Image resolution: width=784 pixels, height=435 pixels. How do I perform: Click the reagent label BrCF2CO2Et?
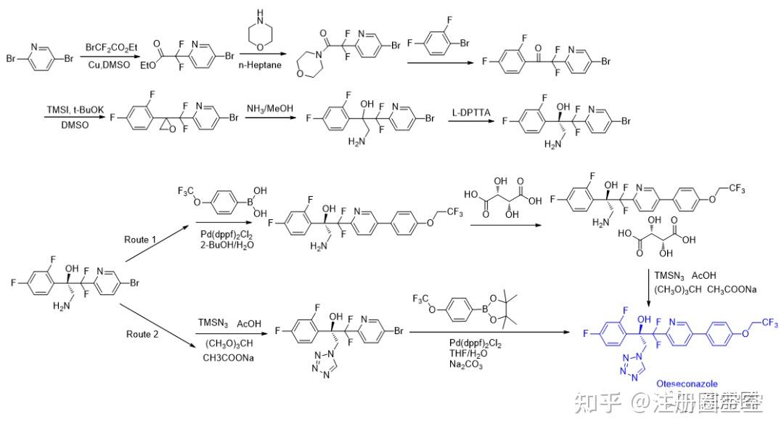(111, 47)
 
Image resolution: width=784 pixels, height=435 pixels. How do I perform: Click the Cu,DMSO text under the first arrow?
(110, 65)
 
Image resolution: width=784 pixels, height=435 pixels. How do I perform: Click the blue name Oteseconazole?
(687, 383)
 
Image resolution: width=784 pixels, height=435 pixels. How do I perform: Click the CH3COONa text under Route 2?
(229, 357)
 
